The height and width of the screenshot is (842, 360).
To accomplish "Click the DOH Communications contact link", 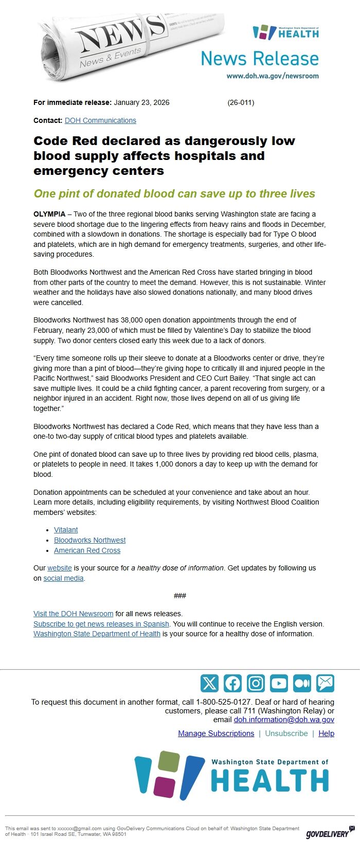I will click(100, 120).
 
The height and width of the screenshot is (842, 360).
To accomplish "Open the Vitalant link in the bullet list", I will click(66, 530).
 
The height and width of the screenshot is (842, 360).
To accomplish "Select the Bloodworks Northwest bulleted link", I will click(89, 540).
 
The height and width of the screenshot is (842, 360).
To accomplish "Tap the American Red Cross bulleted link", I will click(87, 550).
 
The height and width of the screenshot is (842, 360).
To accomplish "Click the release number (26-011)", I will click(241, 102).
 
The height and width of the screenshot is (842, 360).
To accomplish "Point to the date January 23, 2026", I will click(141, 102).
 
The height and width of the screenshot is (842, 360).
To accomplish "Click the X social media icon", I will click(209, 683).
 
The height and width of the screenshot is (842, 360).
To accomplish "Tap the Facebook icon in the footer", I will click(232, 683).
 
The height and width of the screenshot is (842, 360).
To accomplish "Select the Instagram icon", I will click(256, 683).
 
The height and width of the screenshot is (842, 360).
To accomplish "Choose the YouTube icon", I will click(279, 683).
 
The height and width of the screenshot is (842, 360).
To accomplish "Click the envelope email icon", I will click(325, 683).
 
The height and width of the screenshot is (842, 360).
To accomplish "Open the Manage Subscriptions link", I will click(216, 733).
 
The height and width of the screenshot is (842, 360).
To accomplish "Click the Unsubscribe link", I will click(286, 733).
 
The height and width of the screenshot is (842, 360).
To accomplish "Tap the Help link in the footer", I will click(326, 733).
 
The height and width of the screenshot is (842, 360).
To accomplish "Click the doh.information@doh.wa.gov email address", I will click(284, 720).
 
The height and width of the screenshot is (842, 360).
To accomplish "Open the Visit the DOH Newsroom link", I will click(73, 614).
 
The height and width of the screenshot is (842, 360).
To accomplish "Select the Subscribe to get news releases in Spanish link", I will click(101, 624).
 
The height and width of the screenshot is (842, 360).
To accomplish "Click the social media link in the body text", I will click(63, 578).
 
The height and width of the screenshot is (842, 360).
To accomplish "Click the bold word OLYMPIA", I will click(49, 214).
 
